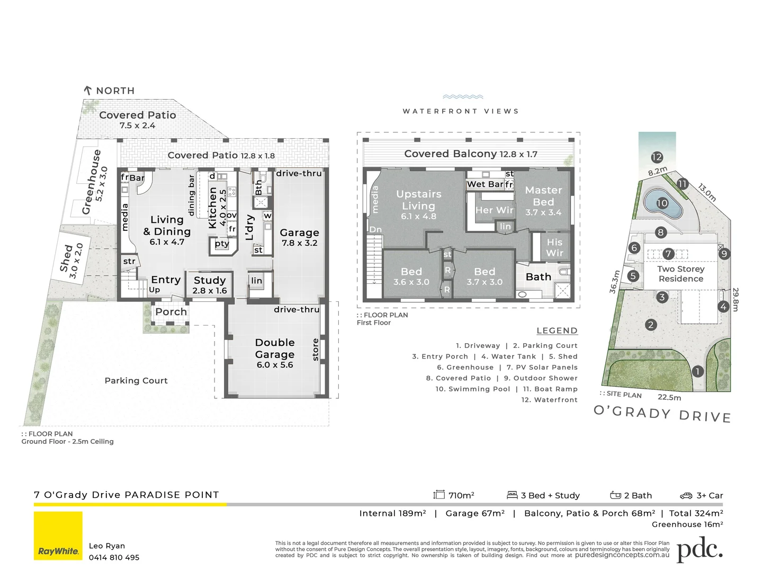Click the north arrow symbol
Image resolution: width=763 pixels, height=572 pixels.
(88, 91)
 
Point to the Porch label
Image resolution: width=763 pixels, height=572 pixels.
(171, 312)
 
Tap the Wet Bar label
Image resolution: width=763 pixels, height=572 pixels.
(485, 184)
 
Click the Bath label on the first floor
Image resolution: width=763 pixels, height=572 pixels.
(538, 277)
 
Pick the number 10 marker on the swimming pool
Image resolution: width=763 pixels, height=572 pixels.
(662, 203)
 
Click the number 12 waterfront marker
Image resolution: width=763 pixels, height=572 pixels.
(657, 157)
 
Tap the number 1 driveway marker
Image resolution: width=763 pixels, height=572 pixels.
(698, 371)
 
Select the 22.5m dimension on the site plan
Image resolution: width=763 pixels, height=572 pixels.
(669, 397)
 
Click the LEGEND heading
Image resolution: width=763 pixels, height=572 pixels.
(556, 330)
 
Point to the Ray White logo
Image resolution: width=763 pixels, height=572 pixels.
(58, 535)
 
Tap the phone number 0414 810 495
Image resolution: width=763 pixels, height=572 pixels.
(114, 557)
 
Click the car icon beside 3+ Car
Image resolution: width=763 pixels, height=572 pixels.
(686, 496)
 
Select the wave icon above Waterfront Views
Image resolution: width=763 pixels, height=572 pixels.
(463, 97)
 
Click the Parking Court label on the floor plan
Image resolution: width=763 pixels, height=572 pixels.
(136, 380)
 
